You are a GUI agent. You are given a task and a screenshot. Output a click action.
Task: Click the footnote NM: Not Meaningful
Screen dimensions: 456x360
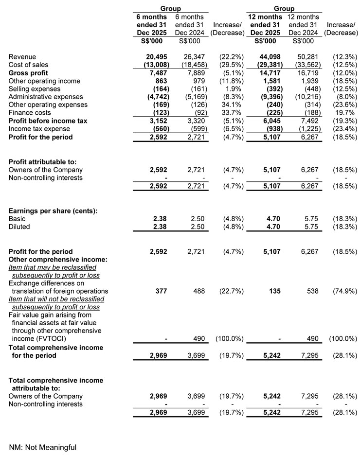pyautogui.click(x=43, y=447)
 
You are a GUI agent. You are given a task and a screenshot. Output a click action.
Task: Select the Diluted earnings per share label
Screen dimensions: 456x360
pyautogui.click(x=19, y=227)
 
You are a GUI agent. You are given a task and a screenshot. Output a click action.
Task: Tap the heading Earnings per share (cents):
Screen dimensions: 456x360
pyautogui.click(x=56, y=210)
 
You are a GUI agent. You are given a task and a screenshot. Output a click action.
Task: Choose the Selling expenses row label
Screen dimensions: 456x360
pyautogui.click(x=35, y=89)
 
